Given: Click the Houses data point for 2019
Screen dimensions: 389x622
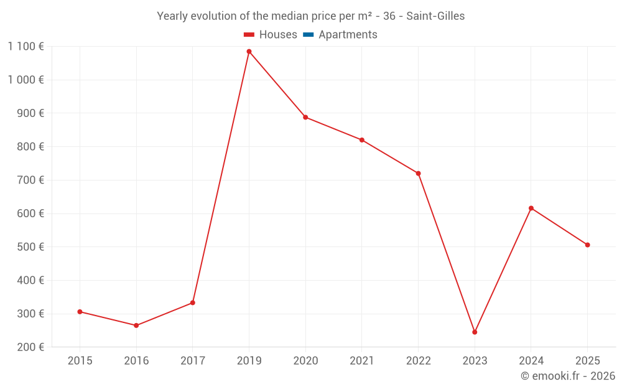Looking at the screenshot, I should [249, 52].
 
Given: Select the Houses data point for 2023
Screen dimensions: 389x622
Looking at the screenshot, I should [475, 332].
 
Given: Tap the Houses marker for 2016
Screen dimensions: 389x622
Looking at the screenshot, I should [136, 326].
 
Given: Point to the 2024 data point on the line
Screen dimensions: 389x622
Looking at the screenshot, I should [531, 208].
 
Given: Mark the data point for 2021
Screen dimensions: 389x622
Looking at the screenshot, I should [362, 140].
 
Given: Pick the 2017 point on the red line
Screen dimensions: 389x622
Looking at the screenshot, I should [193, 303].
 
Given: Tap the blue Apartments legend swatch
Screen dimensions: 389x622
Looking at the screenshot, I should [307, 35].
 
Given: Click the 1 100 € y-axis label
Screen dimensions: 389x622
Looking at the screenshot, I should [26, 46].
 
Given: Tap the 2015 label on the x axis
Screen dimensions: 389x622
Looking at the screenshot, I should [80, 361].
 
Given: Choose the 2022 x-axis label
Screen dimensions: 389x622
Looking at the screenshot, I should [418, 361].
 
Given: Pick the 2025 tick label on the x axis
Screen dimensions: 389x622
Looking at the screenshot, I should [587, 361].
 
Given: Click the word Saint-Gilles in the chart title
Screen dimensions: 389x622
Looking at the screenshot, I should [435, 16].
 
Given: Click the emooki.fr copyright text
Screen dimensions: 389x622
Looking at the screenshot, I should [568, 376].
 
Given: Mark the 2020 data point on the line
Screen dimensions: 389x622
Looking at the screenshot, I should [305, 117].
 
